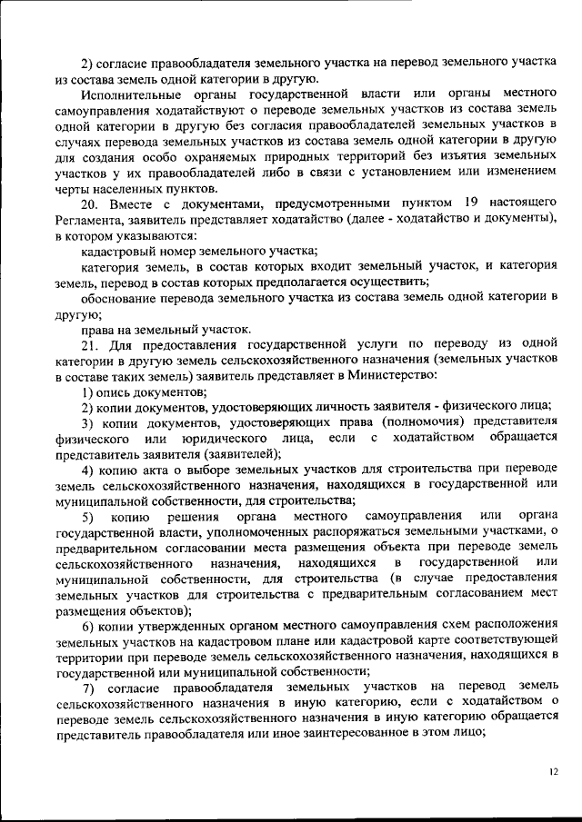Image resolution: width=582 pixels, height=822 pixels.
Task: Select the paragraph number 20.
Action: [x=89, y=203]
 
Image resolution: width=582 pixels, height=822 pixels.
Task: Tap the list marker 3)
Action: [x=88, y=423]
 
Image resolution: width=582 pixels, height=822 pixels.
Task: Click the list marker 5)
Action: [x=88, y=517]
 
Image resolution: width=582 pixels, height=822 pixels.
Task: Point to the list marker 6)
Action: [x=88, y=627]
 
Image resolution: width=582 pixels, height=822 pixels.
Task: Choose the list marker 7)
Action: [x=88, y=689]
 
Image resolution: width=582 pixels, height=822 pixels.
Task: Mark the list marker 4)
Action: [x=88, y=470]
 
